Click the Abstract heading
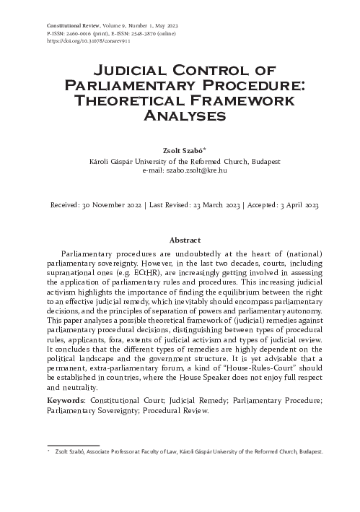(180, 240)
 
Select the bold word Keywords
(68, 399)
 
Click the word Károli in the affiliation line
(100, 161)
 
